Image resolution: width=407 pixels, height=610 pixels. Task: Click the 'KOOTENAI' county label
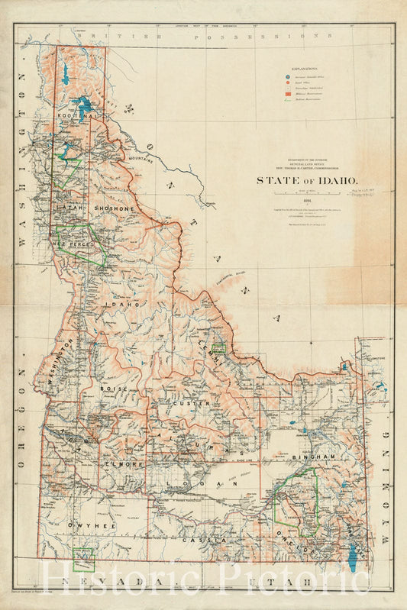pos(76,115)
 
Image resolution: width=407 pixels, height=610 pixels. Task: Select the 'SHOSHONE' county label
pos(114,208)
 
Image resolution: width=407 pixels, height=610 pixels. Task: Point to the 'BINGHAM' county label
pos(313,456)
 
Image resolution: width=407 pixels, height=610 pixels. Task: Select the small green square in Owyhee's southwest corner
pos(82,558)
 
